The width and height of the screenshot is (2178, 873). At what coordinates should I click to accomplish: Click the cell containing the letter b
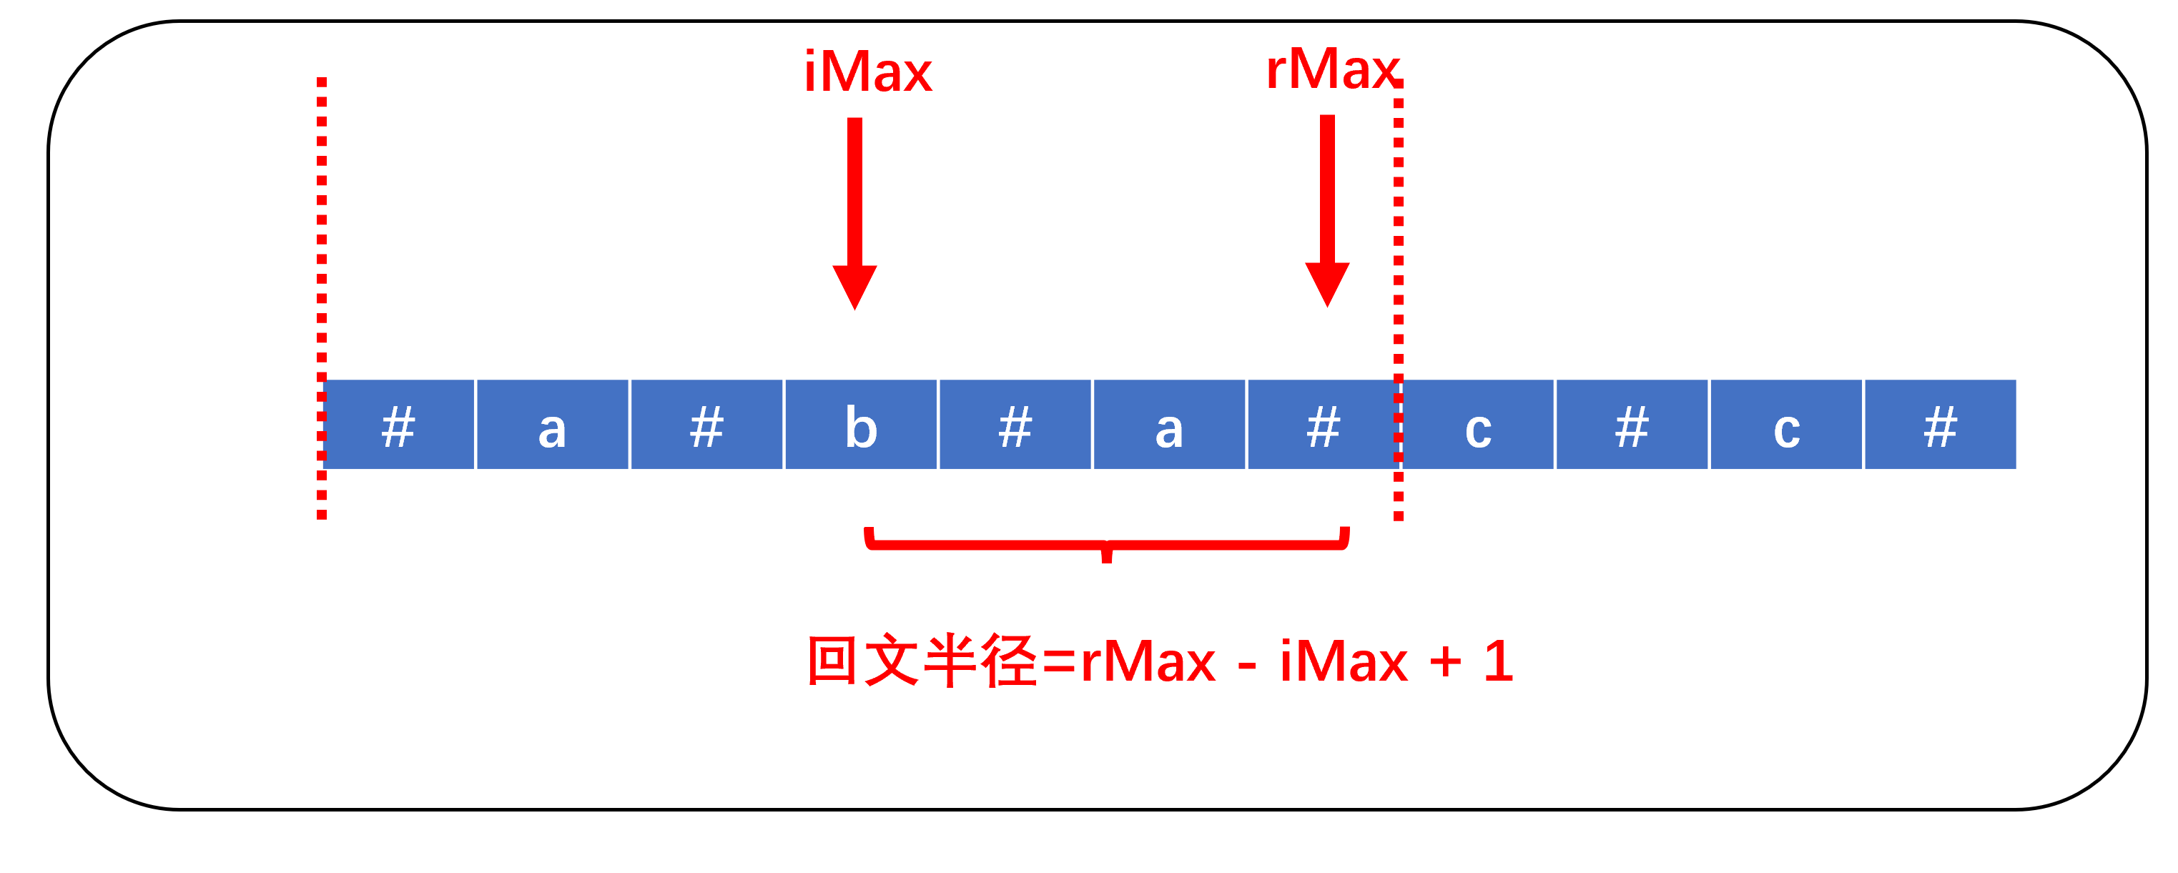pyautogui.click(x=861, y=425)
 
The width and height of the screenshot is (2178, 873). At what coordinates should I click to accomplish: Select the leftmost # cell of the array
pyautogui.click(x=398, y=425)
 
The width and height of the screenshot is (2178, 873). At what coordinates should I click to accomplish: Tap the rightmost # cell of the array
pyautogui.click(x=1941, y=425)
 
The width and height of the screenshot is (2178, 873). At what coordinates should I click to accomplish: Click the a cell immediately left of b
pyautogui.click(x=552, y=425)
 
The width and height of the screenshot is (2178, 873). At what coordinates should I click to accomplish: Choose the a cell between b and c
pyautogui.click(x=1169, y=425)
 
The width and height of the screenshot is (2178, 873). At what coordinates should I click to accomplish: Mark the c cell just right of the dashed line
pyautogui.click(x=1478, y=425)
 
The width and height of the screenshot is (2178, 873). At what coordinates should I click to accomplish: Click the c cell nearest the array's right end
pyautogui.click(x=1787, y=425)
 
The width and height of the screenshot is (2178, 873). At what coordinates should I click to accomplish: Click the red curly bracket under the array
pyautogui.click(x=1107, y=543)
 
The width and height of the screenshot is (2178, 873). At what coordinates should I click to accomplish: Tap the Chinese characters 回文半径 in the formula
pyautogui.click(x=922, y=661)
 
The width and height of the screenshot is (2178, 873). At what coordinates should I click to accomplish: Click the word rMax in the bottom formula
pyautogui.click(x=1148, y=661)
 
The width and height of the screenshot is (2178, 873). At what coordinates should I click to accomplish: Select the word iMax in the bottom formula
pyautogui.click(x=1344, y=661)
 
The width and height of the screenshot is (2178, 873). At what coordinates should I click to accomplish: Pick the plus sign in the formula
pyautogui.click(x=1446, y=661)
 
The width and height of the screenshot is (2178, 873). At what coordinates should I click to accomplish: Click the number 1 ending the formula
pyautogui.click(x=1499, y=661)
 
